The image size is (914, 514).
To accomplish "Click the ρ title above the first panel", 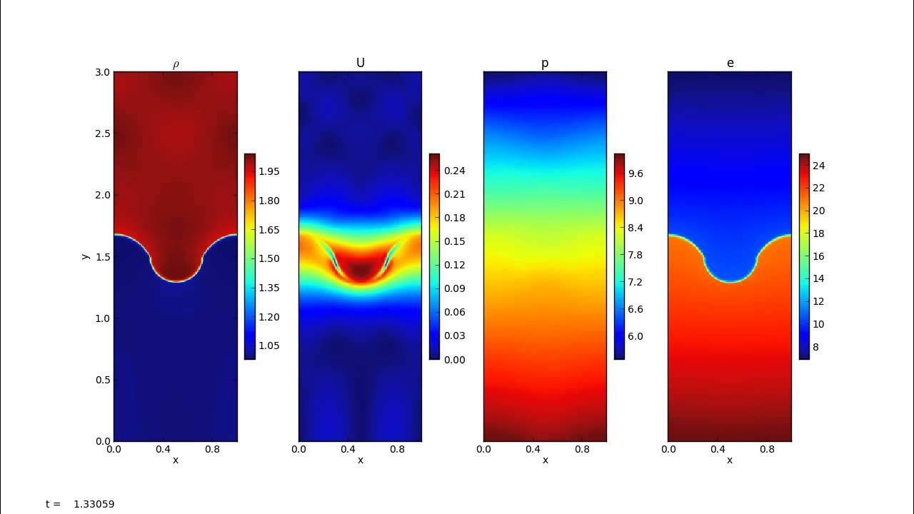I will click(x=176, y=64).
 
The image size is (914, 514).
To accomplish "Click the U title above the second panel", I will click(x=360, y=63).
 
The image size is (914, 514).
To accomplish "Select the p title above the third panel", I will click(x=545, y=64).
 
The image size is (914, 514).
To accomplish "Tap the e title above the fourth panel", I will click(x=730, y=63).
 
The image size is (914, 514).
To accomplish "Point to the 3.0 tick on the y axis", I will click(x=103, y=72).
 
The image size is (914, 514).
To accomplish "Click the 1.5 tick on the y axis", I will click(x=103, y=257).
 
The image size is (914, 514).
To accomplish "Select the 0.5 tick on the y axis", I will click(x=103, y=380).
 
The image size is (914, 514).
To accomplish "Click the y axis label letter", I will click(x=86, y=256).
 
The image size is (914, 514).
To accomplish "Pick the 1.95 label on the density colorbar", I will click(x=269, y=171).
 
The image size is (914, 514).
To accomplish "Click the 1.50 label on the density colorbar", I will click(x=269, y=258).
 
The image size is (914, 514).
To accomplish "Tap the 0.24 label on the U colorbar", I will click(x=454, y=171).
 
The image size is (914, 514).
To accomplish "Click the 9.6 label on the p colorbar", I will click(x=636, y=173).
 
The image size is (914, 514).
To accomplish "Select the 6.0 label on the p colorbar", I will click(x=636, y=336).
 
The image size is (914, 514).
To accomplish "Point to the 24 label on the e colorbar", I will click(x=818, y=166).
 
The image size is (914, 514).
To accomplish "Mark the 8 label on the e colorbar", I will click(x=816, y=346).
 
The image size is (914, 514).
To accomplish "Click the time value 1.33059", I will click(x=94, y=504).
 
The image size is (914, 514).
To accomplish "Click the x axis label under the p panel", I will click(x=545, y=460).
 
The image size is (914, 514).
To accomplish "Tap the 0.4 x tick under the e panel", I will click(x=718, y=450).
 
